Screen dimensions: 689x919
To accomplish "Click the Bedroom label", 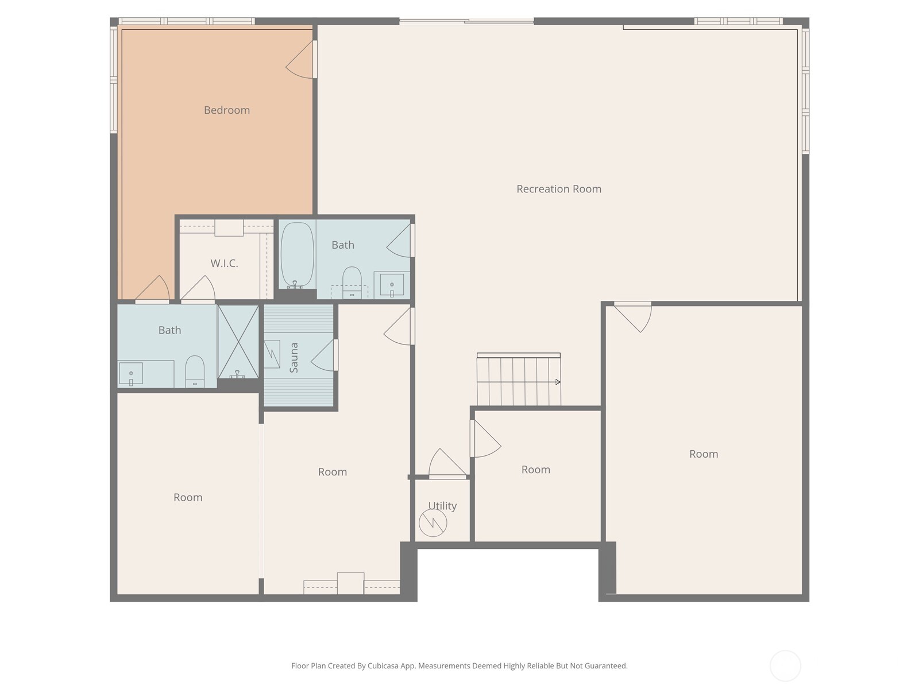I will (227, 110).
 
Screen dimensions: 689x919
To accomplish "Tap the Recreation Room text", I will (558, 189).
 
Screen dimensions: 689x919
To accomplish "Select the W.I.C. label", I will (224, 264).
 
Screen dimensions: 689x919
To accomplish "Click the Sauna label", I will (294, 358).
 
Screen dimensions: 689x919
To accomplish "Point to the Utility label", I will (442, 506).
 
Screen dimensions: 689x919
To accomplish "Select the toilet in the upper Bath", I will (352, 281).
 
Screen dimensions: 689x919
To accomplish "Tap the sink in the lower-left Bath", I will (131, 374).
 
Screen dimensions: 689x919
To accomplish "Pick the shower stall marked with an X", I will (238, 341).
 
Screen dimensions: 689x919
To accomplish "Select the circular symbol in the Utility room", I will (433, 522).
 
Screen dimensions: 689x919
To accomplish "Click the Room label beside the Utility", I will (535, 470).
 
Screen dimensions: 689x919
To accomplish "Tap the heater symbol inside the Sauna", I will (272, 350).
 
